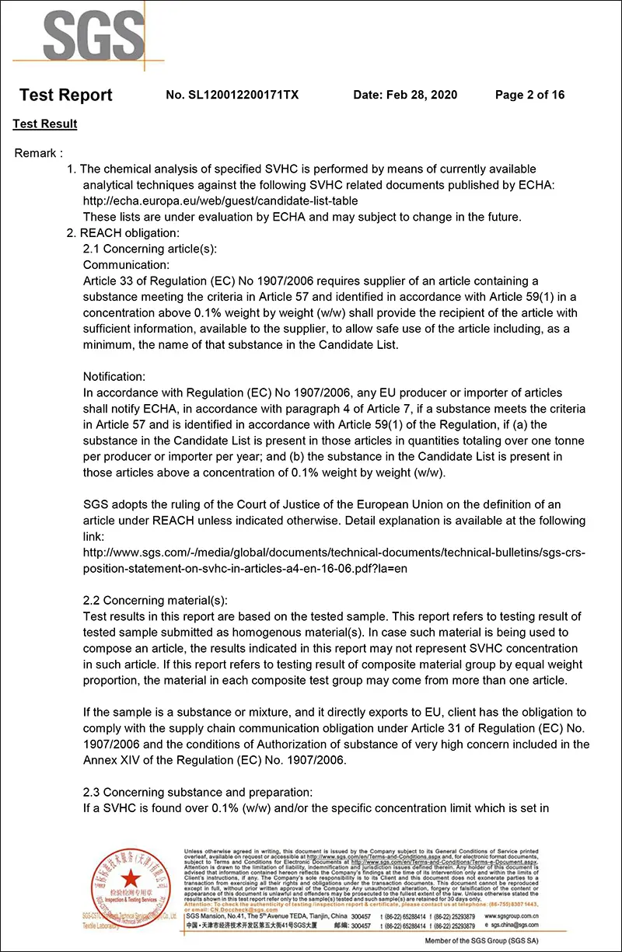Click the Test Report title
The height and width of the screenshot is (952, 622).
(66, 95)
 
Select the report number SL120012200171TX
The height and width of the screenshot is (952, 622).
(232, 95)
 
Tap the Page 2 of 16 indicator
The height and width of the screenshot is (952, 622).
(529, 95)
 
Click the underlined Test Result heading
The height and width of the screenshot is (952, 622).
(45, 124)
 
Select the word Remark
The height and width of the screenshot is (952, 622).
(36, 153)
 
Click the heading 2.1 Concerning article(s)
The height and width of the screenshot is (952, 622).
(150, 249)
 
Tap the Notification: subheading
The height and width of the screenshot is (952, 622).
(114, 376)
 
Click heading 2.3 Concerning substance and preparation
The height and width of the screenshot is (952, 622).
(197, 792)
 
